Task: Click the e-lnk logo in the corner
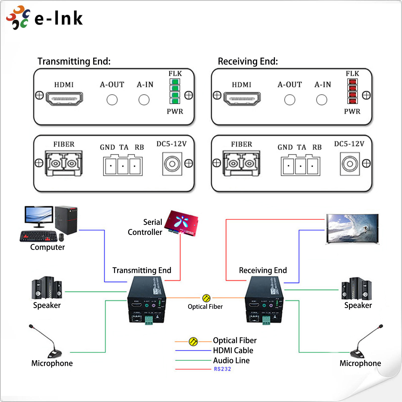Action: (x=44, y=18)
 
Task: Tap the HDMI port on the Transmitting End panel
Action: (x=64, y=99)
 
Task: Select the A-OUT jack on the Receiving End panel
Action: (x=290, y=100)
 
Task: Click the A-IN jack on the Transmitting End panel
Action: (x=144, y=100)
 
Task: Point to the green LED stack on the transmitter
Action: (x=175, y=91)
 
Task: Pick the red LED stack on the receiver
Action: (x=353, y=91)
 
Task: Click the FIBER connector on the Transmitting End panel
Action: (x=64, y=164)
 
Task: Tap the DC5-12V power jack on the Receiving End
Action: (x=350, y=164)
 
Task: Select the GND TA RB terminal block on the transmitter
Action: (x=123, y=166)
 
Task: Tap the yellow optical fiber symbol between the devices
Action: (x=206, y=298)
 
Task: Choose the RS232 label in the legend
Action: (x=222, y=369)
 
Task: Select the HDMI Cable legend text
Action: (x=233, y=350)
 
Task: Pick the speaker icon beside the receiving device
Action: (x=357, y=289)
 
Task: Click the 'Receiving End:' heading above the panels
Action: (x=248, y=61)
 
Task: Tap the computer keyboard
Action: (x=39, y=236)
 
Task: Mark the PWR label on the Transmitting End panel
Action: (x=175, y=111)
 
